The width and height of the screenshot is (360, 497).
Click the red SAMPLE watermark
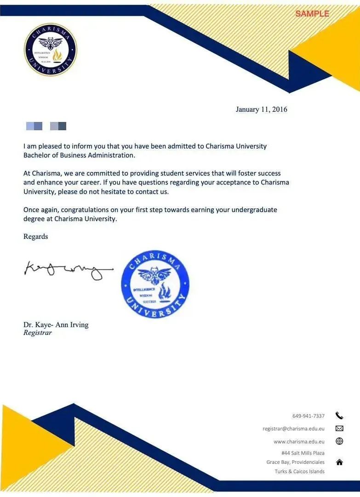click(x=312, y=14)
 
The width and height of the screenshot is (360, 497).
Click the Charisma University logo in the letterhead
click(x=51, y=50)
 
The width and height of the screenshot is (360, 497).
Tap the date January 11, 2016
click(x=261, y=110)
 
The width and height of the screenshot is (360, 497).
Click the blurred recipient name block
click(x=46, y=126)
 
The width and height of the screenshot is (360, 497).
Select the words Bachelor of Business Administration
click(x=79, y=155)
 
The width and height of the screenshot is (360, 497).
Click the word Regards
click(x=35, y=237)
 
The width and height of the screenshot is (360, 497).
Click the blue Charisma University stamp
click(x=155, y=284)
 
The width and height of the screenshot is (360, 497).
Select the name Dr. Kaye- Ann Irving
click(x=56, y=325)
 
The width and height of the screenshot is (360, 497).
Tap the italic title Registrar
click(x=38, y=333)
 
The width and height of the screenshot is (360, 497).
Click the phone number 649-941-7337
click(x=308, y=416)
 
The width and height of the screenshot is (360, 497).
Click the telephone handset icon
click(x=339, y=416)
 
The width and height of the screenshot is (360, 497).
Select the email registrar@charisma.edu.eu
click(x=293, y=428)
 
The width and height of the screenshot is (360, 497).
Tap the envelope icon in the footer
click(x=339, y=428)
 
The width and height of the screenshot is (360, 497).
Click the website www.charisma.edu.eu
click(x=299, y=441)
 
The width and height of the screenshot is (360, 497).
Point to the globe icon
click(x=339, y=441)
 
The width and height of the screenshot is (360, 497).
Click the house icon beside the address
click(x=339, y=462)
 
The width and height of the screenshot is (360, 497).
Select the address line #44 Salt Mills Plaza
click(x=303, y=453)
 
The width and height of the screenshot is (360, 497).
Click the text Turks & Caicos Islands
click(x=299, y=471)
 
